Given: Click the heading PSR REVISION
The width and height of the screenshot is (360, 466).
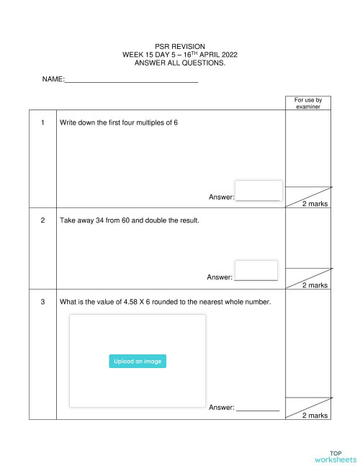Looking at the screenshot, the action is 180,46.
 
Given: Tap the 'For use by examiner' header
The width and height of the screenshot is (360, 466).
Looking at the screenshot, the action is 308,103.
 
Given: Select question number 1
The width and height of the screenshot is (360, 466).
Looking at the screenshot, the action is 43,122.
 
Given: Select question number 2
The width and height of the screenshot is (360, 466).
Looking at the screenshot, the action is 43,220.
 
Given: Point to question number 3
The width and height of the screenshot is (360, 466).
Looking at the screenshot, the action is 43,302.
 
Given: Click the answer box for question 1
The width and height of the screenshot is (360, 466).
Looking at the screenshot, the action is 258,191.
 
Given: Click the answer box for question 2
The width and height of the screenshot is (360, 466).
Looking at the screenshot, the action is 256,271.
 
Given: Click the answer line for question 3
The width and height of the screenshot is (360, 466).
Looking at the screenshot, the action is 258,408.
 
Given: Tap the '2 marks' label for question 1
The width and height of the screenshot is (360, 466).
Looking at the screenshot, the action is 315,205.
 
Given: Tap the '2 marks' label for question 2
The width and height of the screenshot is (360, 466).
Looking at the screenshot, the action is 315,285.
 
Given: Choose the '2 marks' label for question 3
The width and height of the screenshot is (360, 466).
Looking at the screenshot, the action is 315,416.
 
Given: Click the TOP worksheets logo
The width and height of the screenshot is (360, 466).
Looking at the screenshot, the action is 336,457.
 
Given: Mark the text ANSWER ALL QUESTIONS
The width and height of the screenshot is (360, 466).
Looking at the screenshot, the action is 180,63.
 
